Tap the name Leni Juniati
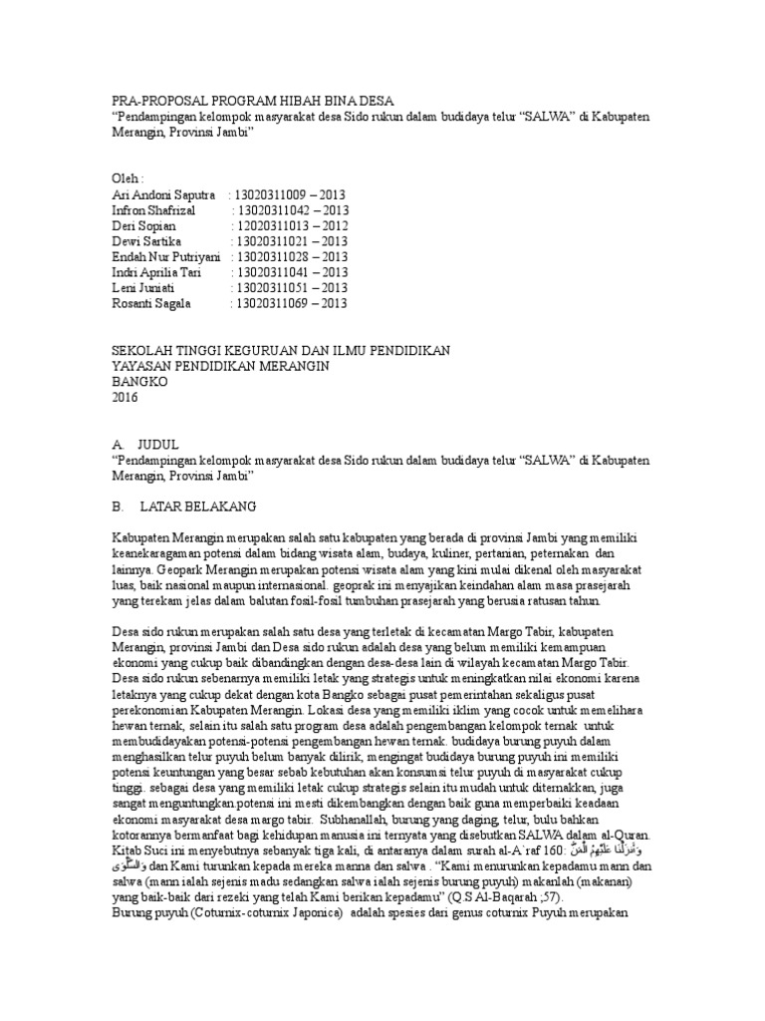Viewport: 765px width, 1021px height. (x=145, y=288)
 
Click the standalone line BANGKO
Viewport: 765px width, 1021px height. (x=140, y=381)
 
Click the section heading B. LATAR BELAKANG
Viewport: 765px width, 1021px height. (x=185, y=507)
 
